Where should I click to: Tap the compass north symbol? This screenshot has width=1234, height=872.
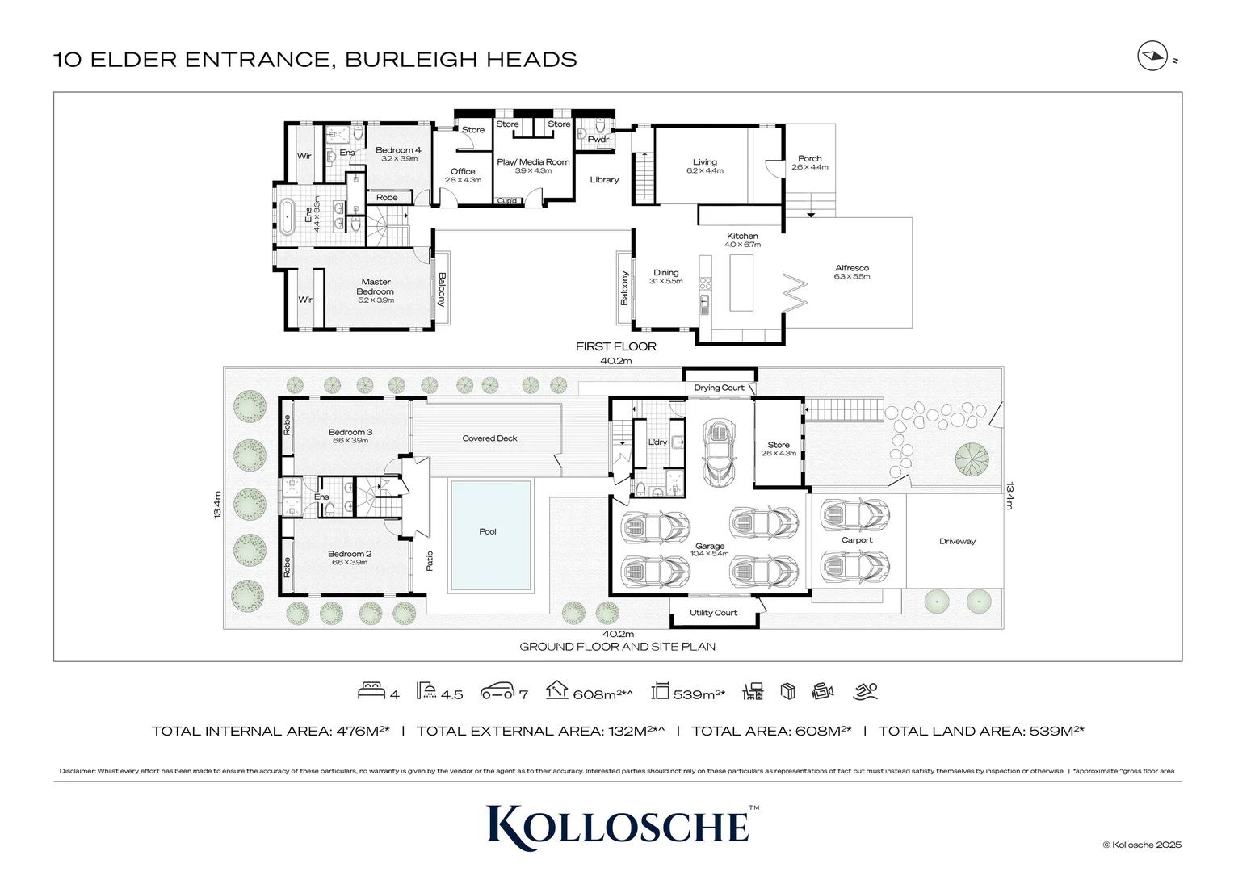click(1152, 57)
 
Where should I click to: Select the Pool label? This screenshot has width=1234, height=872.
click(488, 531)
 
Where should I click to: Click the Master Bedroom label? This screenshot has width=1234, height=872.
click(376, 287)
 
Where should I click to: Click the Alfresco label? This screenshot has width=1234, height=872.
click(852, 268)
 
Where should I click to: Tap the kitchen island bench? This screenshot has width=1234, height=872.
click(741, 282)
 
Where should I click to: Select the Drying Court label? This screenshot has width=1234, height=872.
click(719, 388)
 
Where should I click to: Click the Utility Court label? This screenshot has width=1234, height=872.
click(713, 613)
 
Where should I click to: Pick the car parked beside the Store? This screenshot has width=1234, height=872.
click(718, 453)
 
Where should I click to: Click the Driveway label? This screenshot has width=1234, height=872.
click(957, 541)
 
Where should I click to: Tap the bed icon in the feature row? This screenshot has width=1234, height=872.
click(371, 691)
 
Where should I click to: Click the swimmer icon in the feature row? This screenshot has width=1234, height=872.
click(865, 691)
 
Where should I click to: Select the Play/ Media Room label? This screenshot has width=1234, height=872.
click(533, 162)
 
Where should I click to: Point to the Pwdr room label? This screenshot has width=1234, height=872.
click(598, 140)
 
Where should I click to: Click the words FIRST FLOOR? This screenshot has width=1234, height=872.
click(615, 346)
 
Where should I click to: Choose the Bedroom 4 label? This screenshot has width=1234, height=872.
click(398, 150)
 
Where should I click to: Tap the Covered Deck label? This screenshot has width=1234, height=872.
click(489, 438)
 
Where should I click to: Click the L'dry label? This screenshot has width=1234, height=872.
click(657, 442)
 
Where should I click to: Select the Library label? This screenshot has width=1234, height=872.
click(604, 179)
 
